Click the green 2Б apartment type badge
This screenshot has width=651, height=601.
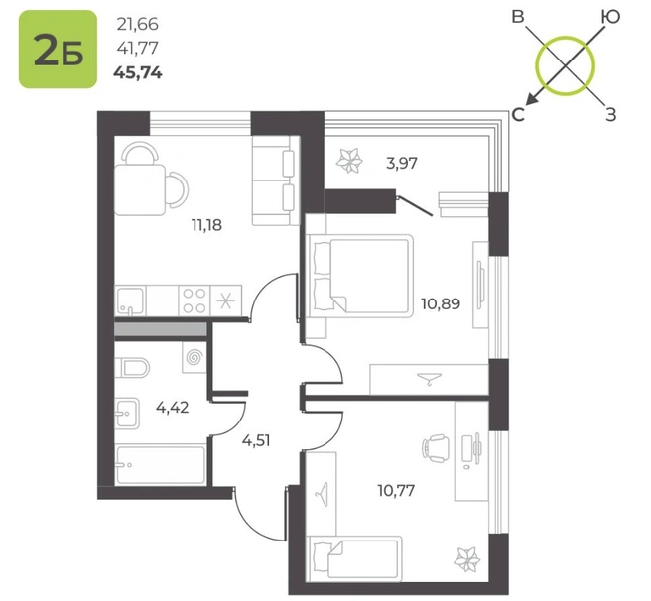58,50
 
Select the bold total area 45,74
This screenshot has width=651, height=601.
138,73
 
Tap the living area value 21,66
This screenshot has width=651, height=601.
137,25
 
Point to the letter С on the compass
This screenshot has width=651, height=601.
518,115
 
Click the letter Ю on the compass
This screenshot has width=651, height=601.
610,17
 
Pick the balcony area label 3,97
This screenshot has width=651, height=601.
402,163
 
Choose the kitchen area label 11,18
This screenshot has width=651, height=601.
206,225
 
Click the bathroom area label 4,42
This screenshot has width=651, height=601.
173,408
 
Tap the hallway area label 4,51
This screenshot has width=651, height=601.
256,440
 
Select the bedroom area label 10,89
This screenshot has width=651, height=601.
441,303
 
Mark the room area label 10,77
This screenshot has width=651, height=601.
396,491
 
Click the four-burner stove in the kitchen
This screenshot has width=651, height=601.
195,300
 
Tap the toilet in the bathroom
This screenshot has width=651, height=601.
132,367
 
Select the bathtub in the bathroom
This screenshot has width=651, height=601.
161,464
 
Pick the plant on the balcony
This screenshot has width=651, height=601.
349,161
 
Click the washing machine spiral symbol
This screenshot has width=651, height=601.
195,357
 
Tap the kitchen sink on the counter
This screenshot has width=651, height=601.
130,300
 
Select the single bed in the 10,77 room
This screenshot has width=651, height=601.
354,558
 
